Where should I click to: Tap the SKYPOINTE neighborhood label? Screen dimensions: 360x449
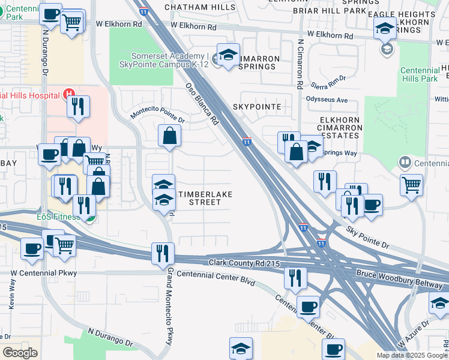tap(261, 106)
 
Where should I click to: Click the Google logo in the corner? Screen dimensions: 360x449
tap(20, 353)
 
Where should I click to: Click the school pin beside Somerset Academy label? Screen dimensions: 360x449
tap(228, 56)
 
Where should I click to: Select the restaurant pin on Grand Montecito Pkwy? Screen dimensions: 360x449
tap(162, 253)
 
